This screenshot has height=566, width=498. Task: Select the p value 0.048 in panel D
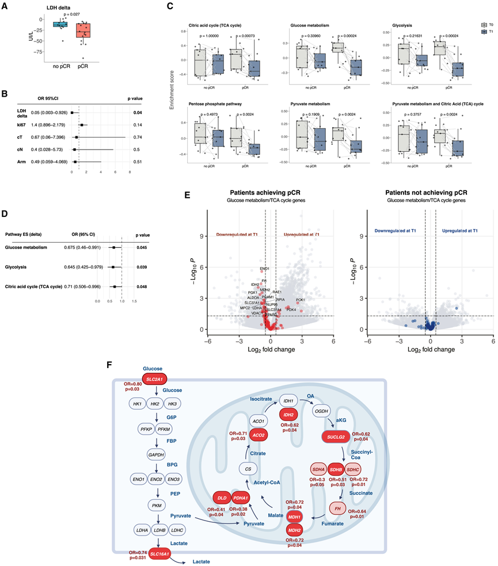pyautogui.click(x=143, y=286)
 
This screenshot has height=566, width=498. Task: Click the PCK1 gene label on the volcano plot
pyautogui.click(x=301, y=300)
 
